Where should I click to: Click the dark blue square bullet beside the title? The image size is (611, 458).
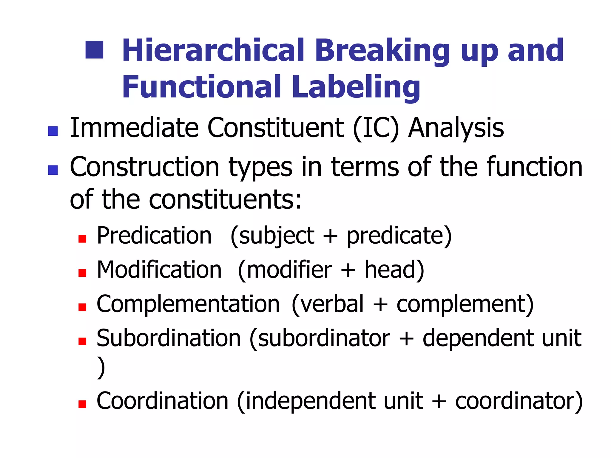(x=94, y=50)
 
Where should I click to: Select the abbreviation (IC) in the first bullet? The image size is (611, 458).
(x=376, y=128)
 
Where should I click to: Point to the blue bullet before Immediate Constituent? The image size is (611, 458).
(x=53, y=131)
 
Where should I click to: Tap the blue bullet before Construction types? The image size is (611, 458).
(x=53, y=170)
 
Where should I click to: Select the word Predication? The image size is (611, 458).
(x=154, y=236)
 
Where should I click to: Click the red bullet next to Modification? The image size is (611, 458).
(x=82, y=273)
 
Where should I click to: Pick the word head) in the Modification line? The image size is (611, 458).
(x=394, y=270)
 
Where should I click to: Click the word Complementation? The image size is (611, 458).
(x=188, y=304)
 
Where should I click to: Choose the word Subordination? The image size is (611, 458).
(x=169, y=338)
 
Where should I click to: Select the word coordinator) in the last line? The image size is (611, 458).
(x=519, y=401)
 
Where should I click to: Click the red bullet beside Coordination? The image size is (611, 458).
(x=82, y=404)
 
